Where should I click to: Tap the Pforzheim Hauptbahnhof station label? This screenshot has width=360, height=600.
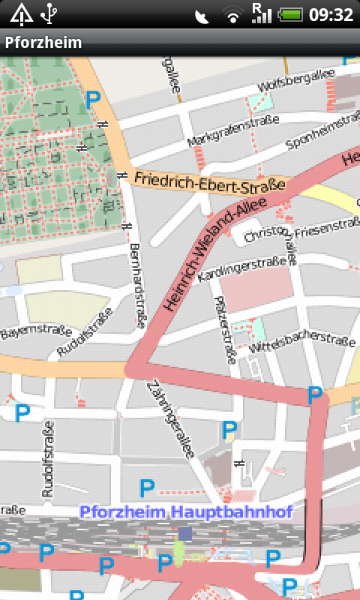(x=185, y=513)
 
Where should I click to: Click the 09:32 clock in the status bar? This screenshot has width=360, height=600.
(x=331, y=15)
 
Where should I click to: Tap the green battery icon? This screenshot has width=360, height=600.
(x=290, y=15)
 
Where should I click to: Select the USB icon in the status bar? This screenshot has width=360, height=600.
(x=49, y=13)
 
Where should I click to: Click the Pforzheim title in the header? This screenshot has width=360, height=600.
(x=43, y=43)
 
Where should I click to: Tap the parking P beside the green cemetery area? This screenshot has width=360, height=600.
(x=93, y=98)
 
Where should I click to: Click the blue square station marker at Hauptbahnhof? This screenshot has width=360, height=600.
(x=185, y=533)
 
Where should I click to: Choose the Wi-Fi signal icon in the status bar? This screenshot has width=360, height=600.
(x=234, y=15)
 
